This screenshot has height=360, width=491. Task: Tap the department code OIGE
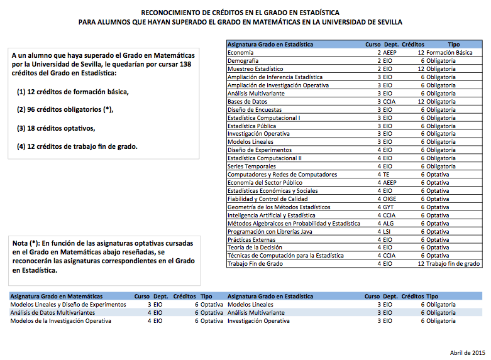pyautogui.click(x=389, y=199)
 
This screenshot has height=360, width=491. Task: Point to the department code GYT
pyautogui.click(x=387, y=207)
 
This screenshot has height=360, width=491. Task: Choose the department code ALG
pyautogui.click(x=387, y=224)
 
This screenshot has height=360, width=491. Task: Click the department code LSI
pyautogui.click(x=387, y=232)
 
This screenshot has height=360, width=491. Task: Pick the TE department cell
pyautogui.click(x=385, y=175)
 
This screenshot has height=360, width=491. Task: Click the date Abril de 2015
pyautogui.click(x=467, y=352)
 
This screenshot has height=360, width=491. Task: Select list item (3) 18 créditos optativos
pyautogui.click(x=56, y=129)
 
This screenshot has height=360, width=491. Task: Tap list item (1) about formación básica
pyautogui.click(x=73, y=92)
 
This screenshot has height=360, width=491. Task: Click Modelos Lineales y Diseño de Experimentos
pyautogui.click(x=68, y=304)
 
